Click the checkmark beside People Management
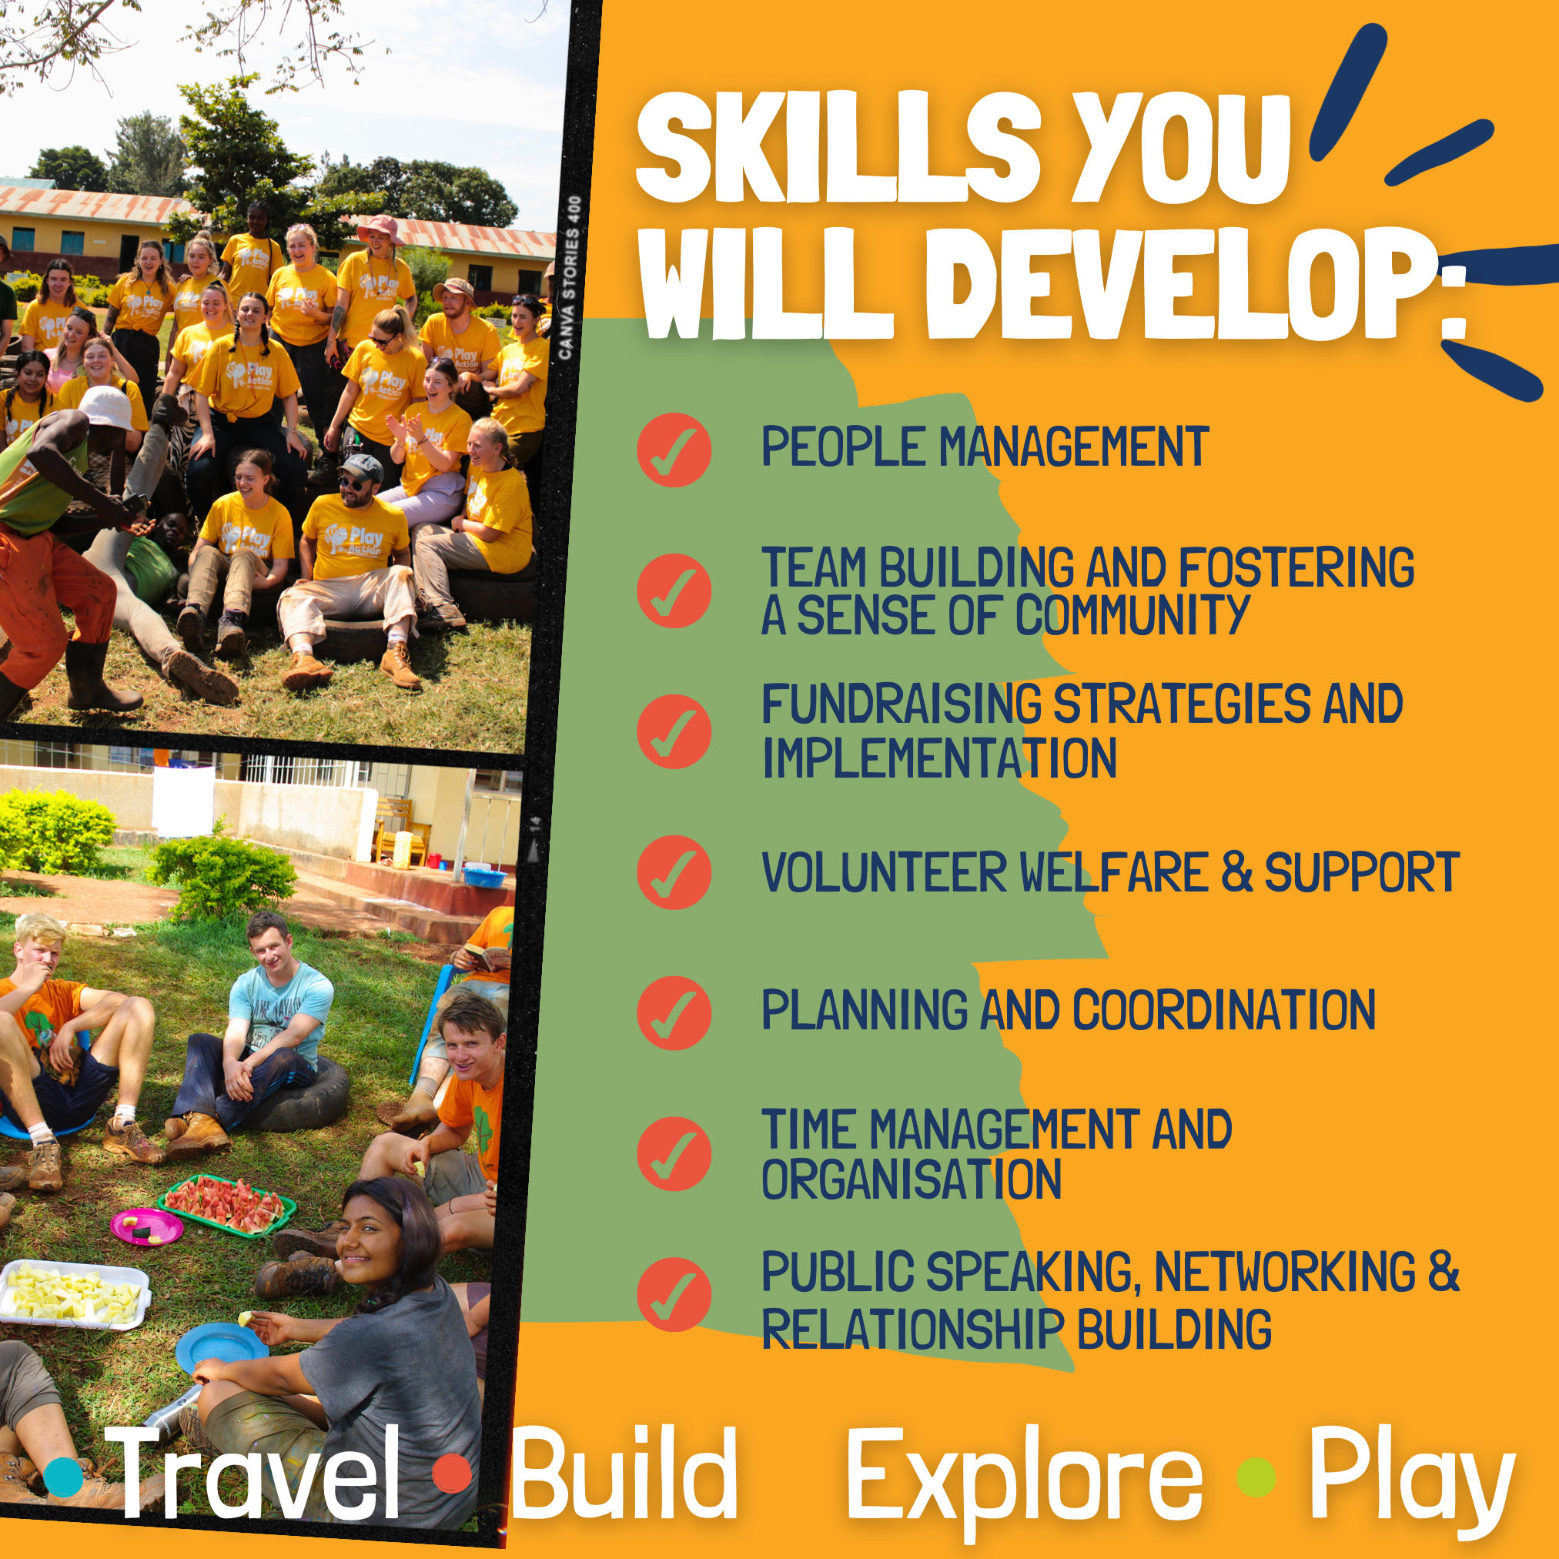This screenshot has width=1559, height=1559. point(674,450)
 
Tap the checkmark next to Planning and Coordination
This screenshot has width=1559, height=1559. point(674,1012)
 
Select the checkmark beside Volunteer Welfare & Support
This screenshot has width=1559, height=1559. point(674,872)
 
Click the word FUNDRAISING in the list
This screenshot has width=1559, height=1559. point(902,704)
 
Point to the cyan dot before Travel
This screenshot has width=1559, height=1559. point(64,1476)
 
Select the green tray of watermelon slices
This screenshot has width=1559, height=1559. point(227,1206)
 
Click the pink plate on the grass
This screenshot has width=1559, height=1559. point(147,1226)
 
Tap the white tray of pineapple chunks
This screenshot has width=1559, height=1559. point(74,1294)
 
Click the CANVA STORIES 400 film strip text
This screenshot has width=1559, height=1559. point(570,278)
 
